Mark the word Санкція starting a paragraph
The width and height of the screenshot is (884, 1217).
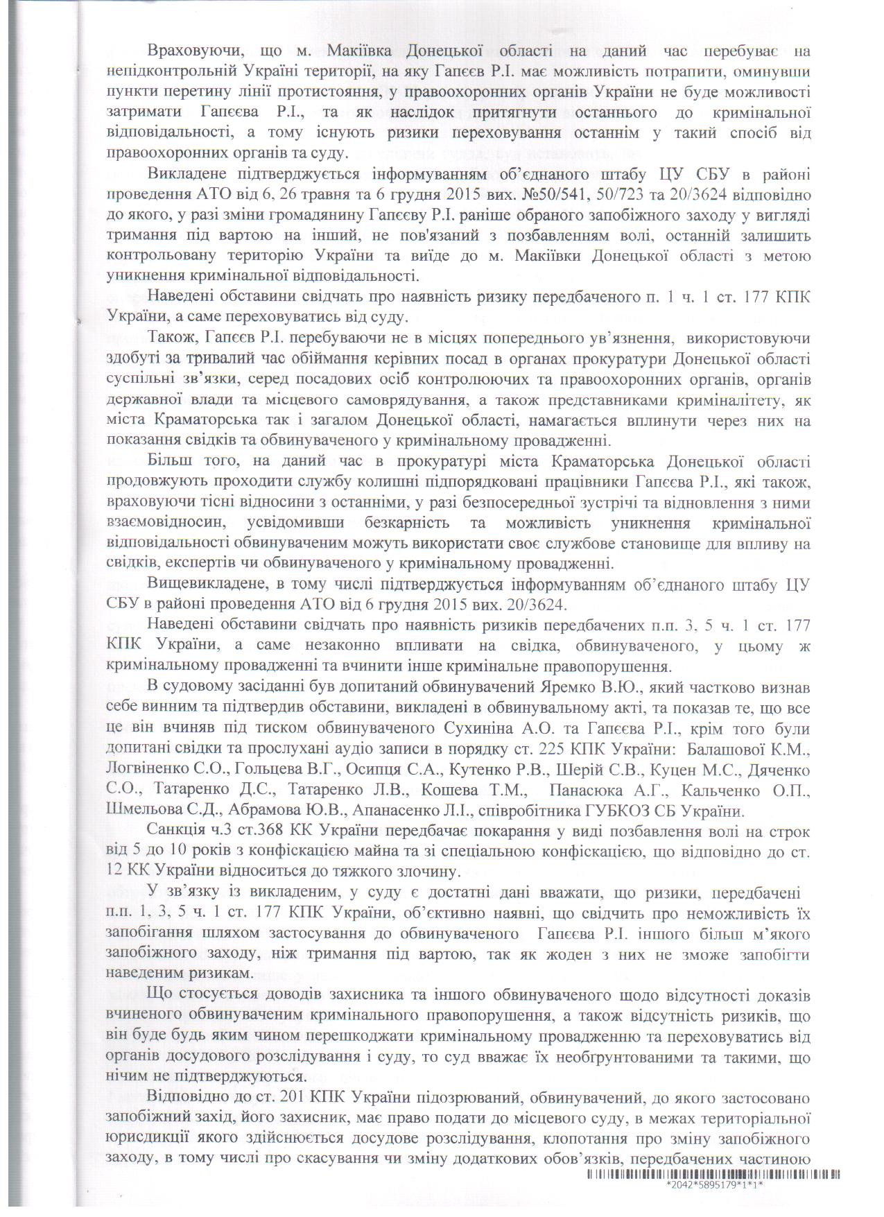point(176,831)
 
